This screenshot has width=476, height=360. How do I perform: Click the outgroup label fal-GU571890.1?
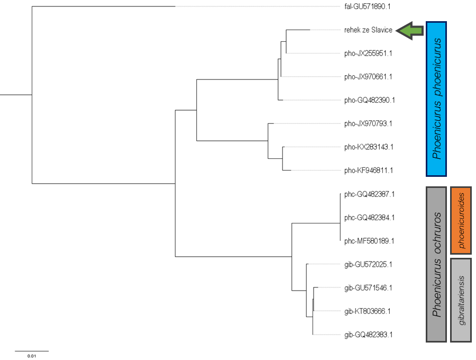[x=367, y=7]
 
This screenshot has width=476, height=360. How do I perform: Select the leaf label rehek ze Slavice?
[x=368, y=30]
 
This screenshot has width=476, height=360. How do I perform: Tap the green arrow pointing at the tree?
[x=411, y=31]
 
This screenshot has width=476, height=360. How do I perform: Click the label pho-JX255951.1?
[x=368, y=53]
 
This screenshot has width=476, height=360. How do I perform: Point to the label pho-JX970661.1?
[x=368, y=77]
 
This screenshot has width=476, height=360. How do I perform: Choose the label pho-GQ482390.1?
[x=369, y=100]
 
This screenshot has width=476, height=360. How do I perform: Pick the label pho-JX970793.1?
[x=368, y=124]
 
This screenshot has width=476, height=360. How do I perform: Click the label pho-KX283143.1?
[x=369, y=147]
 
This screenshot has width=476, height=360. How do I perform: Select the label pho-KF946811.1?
[x=368, y=170]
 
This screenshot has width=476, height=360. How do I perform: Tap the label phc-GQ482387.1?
[x=369, y=194]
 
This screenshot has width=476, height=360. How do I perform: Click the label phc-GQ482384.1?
[x=369, y=218]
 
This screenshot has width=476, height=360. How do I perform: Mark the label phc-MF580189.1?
[x=369, y=241]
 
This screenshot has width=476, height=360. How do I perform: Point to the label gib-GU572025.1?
[x=368, y=264]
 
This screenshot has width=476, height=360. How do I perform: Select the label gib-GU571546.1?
[x=368, y=288]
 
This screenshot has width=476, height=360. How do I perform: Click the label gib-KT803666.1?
[x=367, y=311]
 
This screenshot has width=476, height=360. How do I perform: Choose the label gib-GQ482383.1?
[x=368, y=335]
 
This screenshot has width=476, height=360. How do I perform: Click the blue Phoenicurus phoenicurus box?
[x=436, y=99]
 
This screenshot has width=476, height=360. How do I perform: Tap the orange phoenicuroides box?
[x=461, y=220]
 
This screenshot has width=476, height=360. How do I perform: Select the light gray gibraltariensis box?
[x=461, y=300]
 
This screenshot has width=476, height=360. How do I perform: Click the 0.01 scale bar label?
[x=31, y=356]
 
